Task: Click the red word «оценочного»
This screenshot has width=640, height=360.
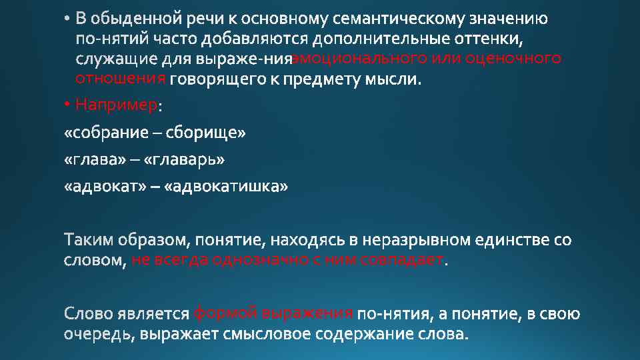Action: click(513, 59)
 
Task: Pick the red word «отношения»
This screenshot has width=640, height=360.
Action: click(121, 79)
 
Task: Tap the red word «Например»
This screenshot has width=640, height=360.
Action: click(117, 105)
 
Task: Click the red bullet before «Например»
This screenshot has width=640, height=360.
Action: click(68, 105)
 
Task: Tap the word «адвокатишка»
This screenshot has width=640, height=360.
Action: click(230, 187)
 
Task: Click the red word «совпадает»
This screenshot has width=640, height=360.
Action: click(401, 260)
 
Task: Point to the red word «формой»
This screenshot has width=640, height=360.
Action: click(225, 313)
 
